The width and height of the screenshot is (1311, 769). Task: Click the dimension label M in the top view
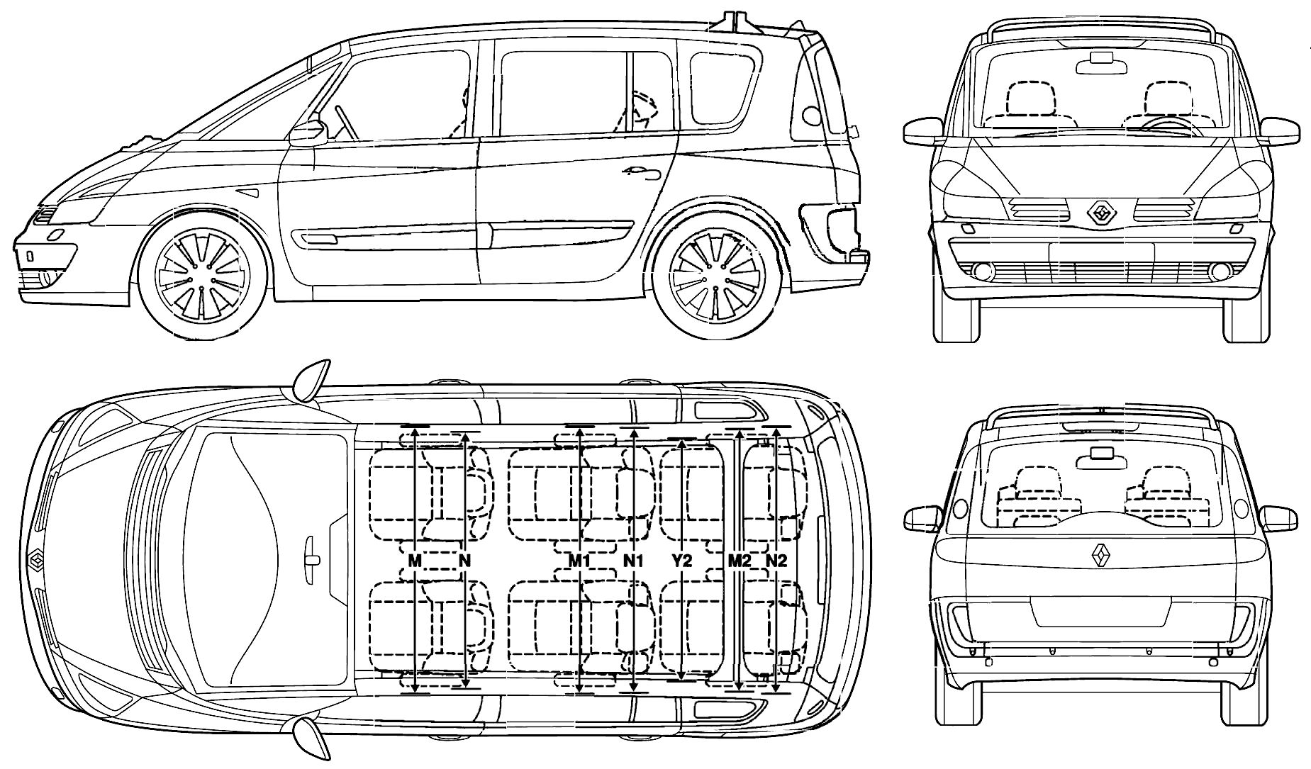[415, 561]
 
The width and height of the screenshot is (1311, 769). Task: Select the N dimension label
[464, 561]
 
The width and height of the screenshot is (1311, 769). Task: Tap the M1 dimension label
[580, 561]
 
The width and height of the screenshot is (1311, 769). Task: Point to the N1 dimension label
[633, 561]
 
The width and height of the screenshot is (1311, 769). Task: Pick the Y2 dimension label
[681, 561]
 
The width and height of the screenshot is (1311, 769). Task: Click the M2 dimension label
[740, 561]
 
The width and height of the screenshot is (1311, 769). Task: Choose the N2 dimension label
[777, 561]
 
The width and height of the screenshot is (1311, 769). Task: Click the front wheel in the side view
[203, 273]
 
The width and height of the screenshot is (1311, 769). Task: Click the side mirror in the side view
[308, 133]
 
